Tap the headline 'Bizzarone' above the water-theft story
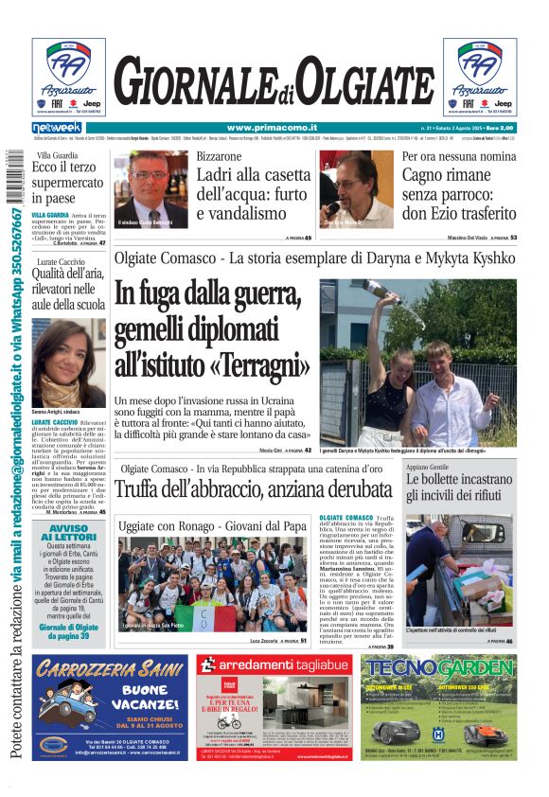[219, 156]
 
